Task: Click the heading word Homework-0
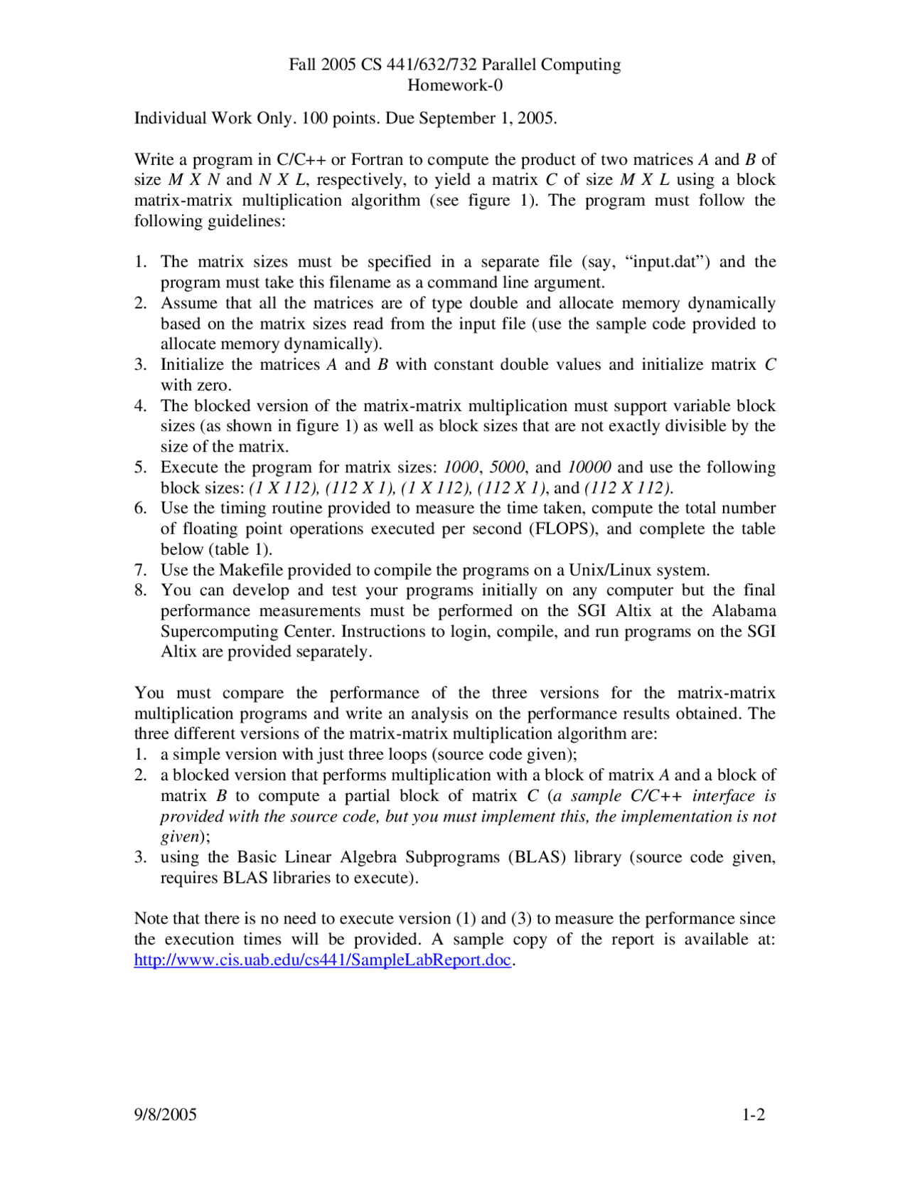[454, 85]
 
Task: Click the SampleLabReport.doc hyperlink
[323, 960]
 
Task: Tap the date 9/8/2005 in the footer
[165, 1114]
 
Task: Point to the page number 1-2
[754, 1114]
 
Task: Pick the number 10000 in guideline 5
[589, 467]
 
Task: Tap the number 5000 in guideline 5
[507, 467]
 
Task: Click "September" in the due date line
[456, 118]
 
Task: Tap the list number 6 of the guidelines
[140, 508]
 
